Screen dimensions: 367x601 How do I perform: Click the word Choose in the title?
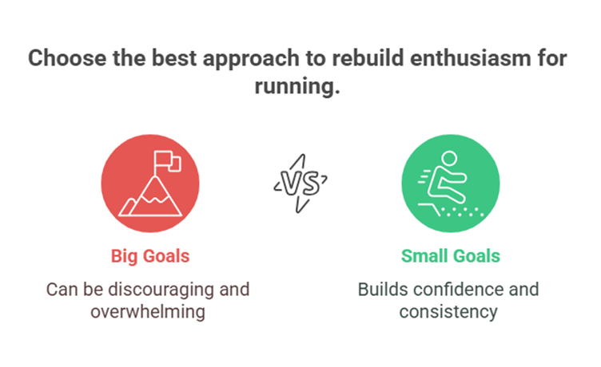pyautogui.click(x=65, y=60)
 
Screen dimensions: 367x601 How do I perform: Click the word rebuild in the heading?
pyautogui.click(x=362, y=60)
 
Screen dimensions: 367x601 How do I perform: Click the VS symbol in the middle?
pyautogui.click(x=300, y=184)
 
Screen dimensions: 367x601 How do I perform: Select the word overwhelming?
pyautogui.click(x=149, y=310)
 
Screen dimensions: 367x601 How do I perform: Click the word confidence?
pyautogui.click(x=457, y=288)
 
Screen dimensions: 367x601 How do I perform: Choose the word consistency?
pyautogui.click(x=450, y=310)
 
